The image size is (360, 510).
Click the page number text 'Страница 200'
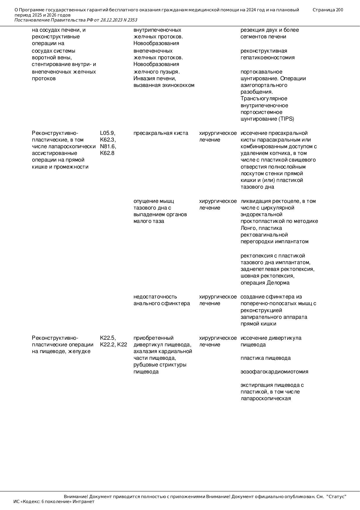328,10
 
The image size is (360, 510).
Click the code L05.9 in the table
107,133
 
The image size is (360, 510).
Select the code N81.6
108,146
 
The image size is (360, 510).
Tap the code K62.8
107,153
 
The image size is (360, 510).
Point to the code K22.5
108,338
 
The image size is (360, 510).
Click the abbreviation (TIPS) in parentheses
286,119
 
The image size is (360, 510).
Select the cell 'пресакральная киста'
161,133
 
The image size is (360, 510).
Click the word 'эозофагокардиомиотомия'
274,372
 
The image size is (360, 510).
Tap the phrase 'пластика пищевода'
265,358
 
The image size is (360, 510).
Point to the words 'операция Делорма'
265,283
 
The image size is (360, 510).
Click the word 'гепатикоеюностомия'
267,58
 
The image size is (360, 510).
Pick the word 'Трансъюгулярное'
264,99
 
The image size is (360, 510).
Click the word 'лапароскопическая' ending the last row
266,398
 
